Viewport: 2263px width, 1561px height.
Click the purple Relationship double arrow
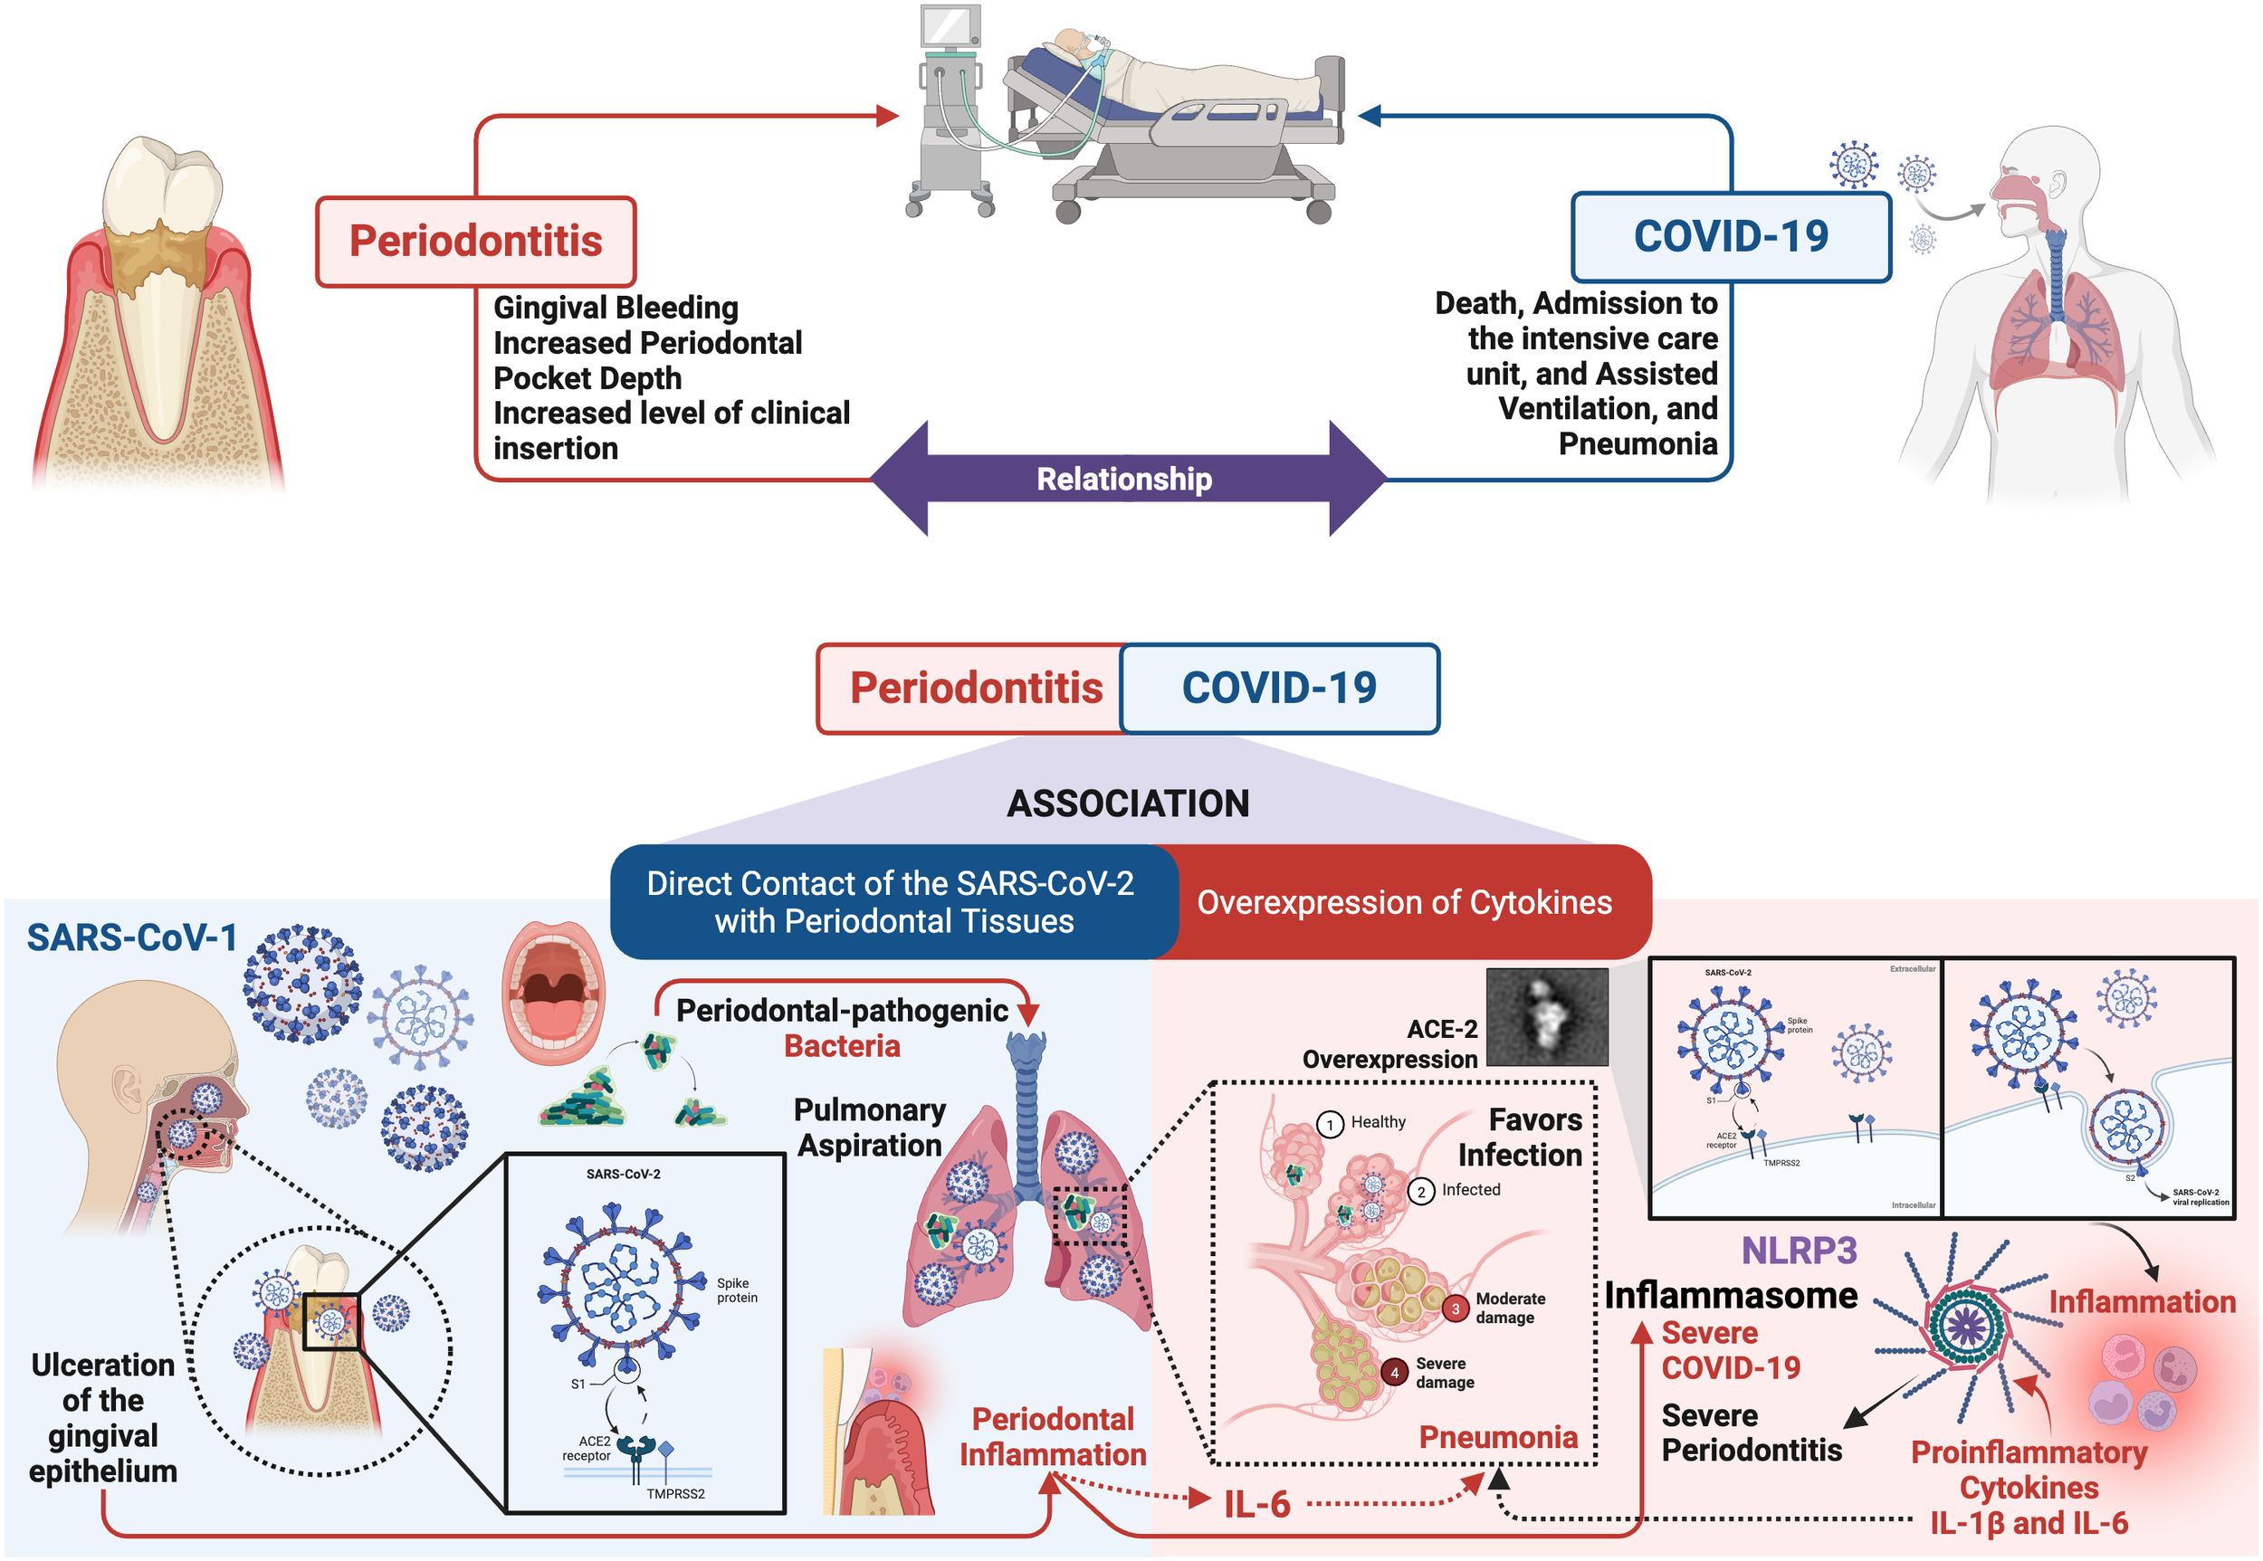1125,479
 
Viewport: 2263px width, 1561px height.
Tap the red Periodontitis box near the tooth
475,241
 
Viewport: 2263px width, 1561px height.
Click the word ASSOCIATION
1127,803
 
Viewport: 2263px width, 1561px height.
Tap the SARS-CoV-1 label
131,937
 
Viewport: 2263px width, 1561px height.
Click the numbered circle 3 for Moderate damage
1455,1309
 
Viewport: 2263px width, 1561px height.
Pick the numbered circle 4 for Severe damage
1394,1372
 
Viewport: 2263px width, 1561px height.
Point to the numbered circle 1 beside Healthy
1330,1124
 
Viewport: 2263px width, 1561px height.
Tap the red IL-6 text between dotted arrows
1256,1504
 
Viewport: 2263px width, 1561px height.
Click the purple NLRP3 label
1799,1250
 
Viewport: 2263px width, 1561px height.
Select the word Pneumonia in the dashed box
1498,1436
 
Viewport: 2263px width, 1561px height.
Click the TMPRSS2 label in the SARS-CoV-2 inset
675,1493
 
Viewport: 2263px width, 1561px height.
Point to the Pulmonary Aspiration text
869,1127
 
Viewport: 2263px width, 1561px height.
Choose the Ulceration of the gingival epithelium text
102,1417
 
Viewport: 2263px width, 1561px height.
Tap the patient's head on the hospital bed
1074,44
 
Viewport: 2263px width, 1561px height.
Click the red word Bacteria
842,1045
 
